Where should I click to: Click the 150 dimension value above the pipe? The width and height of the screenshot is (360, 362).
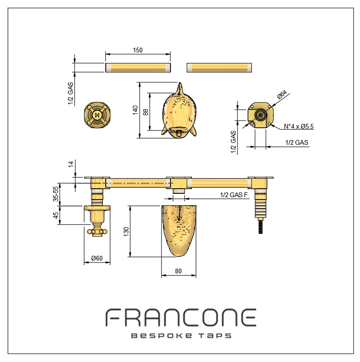[x=138, y=50]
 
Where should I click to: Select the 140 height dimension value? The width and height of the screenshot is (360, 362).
[x=135, y=110]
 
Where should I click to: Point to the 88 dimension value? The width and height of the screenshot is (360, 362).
[x=146, y=112]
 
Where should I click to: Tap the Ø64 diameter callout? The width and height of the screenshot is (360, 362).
[x=282, y=94]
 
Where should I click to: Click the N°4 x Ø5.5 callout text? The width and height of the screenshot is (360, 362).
[x=299, y=126]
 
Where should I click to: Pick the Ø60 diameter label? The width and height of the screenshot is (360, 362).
[x=97, y=258]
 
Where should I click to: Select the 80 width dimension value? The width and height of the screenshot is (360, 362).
[x=179, y=271]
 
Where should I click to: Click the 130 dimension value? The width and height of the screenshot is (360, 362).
[x=126, y=231]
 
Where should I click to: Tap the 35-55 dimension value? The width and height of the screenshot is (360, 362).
[x=56, y=194]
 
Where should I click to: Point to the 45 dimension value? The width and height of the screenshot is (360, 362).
[x=56, y=215]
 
